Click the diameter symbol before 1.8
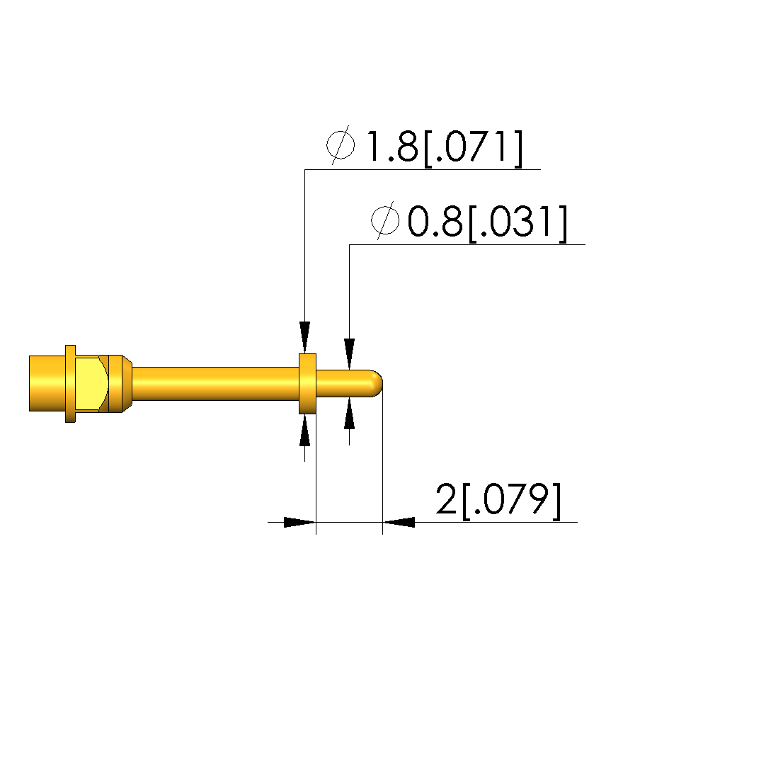[x=341, y=144]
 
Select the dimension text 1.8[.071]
[x=445, y=147]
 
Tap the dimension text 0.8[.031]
[x=487, y=222]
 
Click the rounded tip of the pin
[x=377, y=384]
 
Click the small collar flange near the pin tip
[x=307, y=384]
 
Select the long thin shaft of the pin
[x=216, y=384]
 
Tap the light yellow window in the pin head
[x=91, y=384]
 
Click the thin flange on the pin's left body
[x=70, y=384]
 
